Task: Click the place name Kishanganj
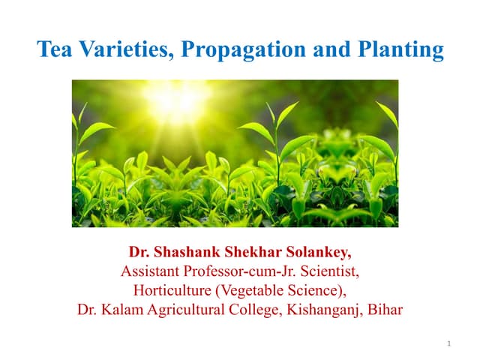[x=320, y=309]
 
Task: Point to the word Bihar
[x=384, y=308]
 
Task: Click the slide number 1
[x=448, y=343]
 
